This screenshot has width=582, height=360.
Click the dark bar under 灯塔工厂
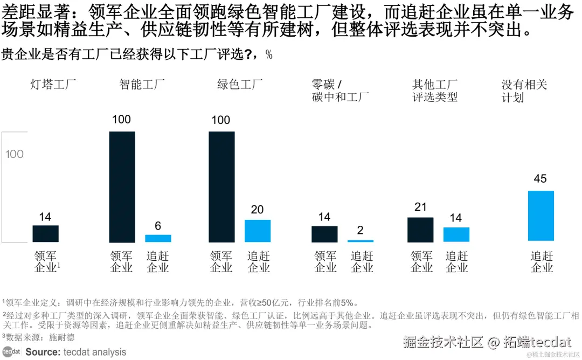tap(45, 233)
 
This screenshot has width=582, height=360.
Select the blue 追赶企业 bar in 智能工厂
tap(158, 238)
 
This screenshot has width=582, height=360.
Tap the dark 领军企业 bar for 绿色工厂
tap(221, 186)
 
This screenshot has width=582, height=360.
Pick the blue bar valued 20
tap(258, 231)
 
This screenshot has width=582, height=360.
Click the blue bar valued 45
tap(541, 216)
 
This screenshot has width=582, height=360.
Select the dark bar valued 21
tap(420, 230)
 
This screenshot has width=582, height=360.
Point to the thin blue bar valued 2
tap(361, 241)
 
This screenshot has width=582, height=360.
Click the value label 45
tap(540, 179)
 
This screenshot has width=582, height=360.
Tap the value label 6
tap(158, 226)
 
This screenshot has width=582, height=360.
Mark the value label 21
tap(420, 207)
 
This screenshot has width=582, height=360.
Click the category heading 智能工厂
tap(142, 85)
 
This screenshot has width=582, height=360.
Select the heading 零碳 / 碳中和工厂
tap(340, 91)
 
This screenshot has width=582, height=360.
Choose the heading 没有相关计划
tap(524, 91)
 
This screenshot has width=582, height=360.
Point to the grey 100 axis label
tap(15, 154)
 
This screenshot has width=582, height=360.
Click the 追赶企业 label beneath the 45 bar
tap(542, 261)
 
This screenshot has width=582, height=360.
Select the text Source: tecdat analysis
tap(75, 352)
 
